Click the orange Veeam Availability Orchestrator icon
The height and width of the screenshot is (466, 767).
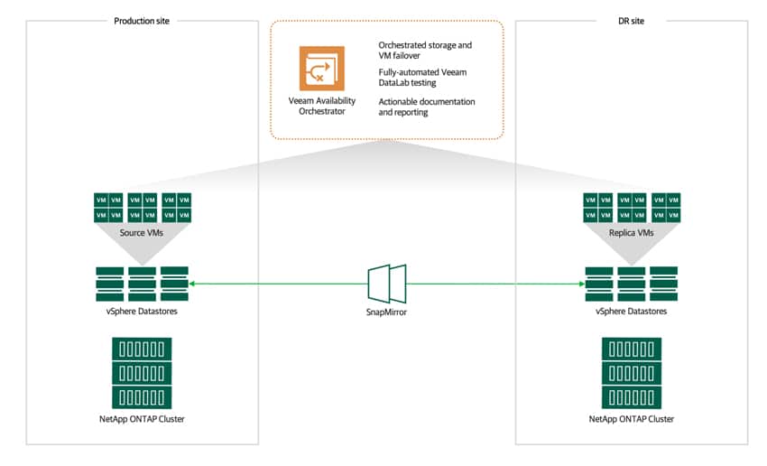pyautogui.click(x=322, y=69)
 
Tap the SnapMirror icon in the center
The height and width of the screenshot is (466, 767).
pyautogui.click(x=387, y=284)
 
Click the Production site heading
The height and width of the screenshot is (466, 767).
pyautogui.click(x=142, y=21)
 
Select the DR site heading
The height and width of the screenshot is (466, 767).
pyautogui.click(x=631, y=21)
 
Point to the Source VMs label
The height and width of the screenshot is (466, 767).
pyautogui.click(x=142, y=233)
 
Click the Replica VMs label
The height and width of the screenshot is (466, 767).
pyautogui.click(x=631, y=233)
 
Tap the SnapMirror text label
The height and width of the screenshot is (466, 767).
pyautogui.click(x=386, y=312)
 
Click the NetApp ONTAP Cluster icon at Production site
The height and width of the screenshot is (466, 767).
pyautogui.click(x=142, y=373)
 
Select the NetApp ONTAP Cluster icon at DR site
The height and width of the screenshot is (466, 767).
pyautogui.click(x=632, y=373)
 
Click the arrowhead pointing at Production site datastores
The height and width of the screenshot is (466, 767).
pyautogui.click(x=191, y=284)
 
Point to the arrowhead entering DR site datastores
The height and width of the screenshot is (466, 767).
pyautogui.click(x=582, y=284)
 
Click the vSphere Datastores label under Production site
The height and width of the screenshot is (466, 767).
pyautogui.click(x=142, y=312)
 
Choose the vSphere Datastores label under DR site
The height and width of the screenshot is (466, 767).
pyautogui.click(x=631, y=312)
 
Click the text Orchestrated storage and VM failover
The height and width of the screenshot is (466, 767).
pyautogui.click(x=425, y=51)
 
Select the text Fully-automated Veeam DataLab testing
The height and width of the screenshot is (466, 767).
pyautogui.click(x=422, y=78)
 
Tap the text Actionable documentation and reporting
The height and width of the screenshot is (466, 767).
pyautogui.click(x=427, y=107)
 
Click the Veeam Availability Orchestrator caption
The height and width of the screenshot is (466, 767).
pyautogui.click(x=322, y=106)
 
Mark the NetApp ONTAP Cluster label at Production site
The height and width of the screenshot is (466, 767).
pyautogui.click(x=142, y=419)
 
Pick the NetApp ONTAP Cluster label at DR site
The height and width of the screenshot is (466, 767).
pyautogui.click(x=632, y=419)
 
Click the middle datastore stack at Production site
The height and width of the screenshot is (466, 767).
pyautogui.click(x=142, y=284)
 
